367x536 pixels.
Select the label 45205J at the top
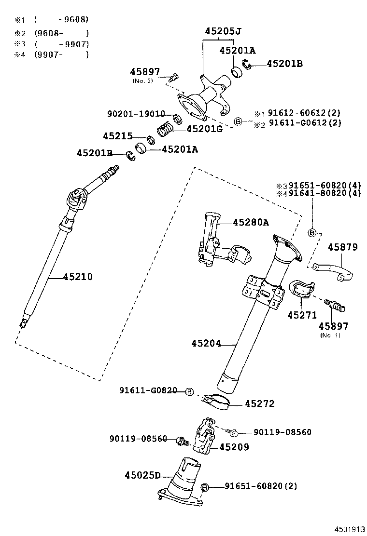coord(223,31)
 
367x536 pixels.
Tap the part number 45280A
coord(251,222)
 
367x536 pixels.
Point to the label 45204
coord(206,344)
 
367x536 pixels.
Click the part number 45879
coord(343,247)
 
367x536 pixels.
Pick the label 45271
coord(302,315)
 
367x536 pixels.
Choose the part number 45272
coord(259,403)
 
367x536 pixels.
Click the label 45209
coord(234,447)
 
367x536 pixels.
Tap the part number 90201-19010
coord(136,114)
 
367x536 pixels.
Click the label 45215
coord(117,136)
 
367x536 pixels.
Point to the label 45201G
coord(204,129)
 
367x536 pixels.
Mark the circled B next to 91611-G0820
coord(189,390)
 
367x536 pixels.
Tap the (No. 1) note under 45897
coord(330,335)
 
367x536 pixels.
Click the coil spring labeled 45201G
coord(165,129)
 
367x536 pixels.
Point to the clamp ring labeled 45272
coord(218,402)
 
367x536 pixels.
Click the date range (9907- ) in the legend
coord(61,55)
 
